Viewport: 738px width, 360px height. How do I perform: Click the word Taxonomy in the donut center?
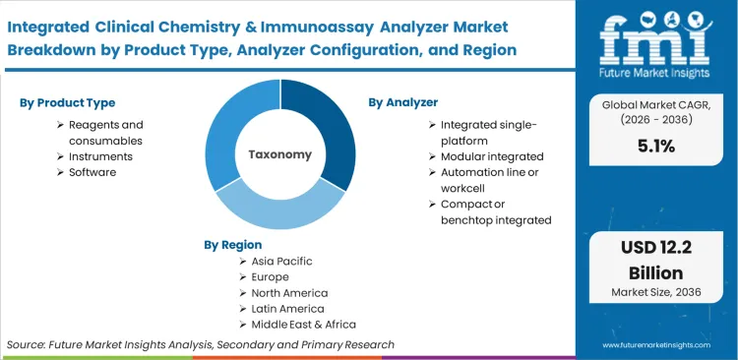(279, 154)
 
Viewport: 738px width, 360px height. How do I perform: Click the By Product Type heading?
(67, 102)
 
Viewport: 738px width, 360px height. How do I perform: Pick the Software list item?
(92, 172)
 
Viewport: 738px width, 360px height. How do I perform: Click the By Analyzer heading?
(403, 101)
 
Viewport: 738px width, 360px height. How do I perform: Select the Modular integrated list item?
(492, 156)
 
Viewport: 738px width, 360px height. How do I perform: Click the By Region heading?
(233, 244)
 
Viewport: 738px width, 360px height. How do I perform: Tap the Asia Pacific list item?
(281, 262)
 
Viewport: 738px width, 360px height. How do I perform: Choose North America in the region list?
(289, 293)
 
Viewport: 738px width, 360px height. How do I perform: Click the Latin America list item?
(288, 309)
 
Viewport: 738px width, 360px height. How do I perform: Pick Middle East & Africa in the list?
(303, 325)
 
